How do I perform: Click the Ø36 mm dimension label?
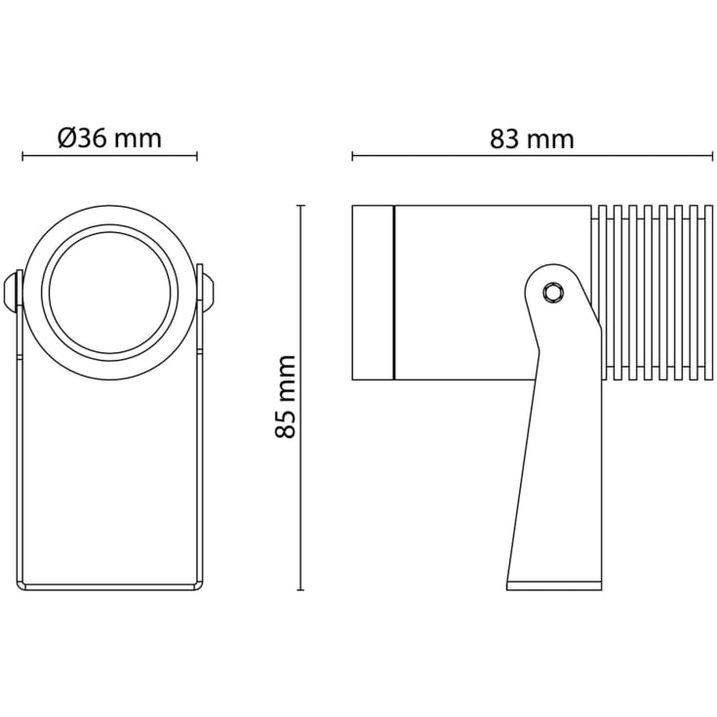coord(109,138)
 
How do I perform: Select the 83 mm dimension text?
coord(532,139)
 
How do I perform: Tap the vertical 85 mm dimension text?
coord(286,397)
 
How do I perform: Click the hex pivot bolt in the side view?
coord(553,293)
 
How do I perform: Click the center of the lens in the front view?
coord(109,293)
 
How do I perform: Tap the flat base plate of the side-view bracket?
coord(554,586)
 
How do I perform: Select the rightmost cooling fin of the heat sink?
coord(708,293)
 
